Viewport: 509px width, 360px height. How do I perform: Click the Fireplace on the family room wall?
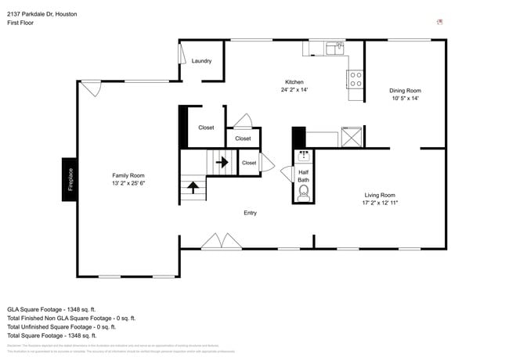(70, 180)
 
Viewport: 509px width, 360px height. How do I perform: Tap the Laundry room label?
(202, 61)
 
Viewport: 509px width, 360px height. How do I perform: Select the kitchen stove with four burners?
(355, 78)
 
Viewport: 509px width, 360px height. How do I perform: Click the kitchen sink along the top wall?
(335, 49)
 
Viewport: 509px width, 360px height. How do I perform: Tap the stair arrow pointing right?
(222, 163)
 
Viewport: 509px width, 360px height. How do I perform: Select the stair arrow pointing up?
(190, 189)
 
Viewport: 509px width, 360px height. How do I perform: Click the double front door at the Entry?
(222, 242)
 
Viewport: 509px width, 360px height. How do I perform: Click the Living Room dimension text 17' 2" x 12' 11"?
(381, 203)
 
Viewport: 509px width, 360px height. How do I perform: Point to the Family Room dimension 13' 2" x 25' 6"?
(128, 184)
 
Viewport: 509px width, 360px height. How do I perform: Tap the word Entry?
(250, 213)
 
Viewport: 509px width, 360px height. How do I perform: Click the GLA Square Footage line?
(52, 309)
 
